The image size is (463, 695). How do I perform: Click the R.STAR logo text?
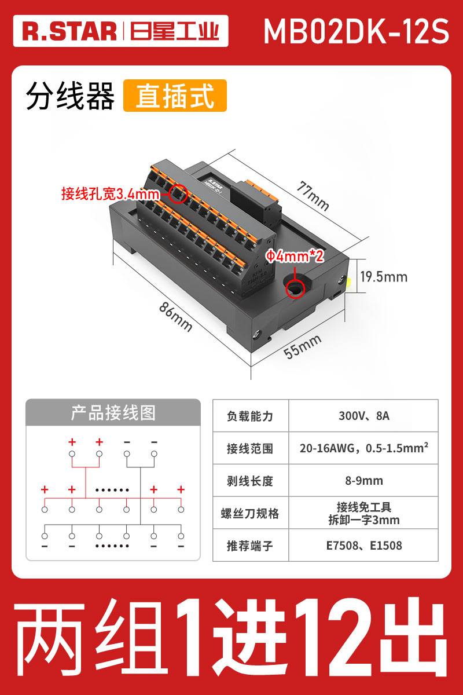pos(69,31)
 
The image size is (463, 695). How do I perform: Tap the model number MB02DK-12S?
pos(356,31)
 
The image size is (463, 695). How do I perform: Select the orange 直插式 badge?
pos(175,96)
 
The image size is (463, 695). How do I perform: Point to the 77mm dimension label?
pos(313,196)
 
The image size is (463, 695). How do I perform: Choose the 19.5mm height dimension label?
pos(384,277)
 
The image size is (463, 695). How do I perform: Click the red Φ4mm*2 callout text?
pos(294,256)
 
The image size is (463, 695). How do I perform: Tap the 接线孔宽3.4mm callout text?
pos(109,194)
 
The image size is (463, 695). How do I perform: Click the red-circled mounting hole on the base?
pos(295,288)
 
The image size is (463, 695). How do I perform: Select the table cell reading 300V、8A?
pos(363,416)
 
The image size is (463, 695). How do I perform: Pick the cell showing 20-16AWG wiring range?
pos(363,448)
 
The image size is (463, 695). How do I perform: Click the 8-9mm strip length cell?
pos(363,481)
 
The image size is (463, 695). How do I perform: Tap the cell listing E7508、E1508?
pos(363,546)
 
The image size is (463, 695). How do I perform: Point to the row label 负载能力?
pos(250,416)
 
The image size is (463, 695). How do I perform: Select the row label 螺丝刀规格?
pos(250,513)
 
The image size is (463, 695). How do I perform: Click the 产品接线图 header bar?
pos(113,412)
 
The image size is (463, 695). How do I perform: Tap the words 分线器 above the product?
pos(70,96)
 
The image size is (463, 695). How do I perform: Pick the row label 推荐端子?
pos(250,546)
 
